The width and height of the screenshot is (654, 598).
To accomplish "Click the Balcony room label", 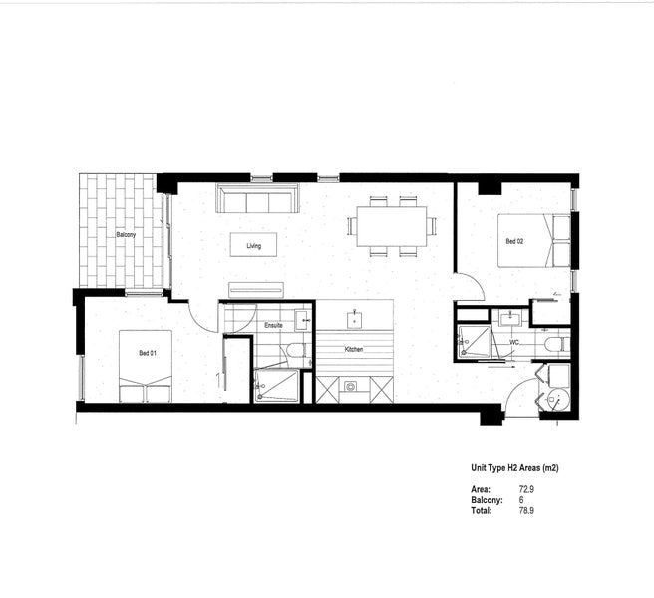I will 126,235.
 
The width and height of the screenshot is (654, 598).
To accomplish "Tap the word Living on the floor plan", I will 253,243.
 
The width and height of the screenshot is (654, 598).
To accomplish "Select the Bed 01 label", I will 147,353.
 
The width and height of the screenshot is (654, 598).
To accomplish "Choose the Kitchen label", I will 354,350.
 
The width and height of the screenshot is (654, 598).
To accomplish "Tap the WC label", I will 514,342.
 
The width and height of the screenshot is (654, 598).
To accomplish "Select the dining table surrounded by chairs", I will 392,227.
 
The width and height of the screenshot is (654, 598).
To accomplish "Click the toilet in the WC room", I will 553,345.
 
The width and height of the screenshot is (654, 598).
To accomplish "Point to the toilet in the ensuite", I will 293,351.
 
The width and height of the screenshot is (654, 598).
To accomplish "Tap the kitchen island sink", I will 354,320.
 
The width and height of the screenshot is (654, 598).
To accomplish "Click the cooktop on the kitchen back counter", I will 350,386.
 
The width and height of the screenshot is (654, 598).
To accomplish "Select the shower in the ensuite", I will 275,385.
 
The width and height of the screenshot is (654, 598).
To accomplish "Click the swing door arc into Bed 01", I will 204,318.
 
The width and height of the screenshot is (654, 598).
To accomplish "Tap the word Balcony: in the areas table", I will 488,499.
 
